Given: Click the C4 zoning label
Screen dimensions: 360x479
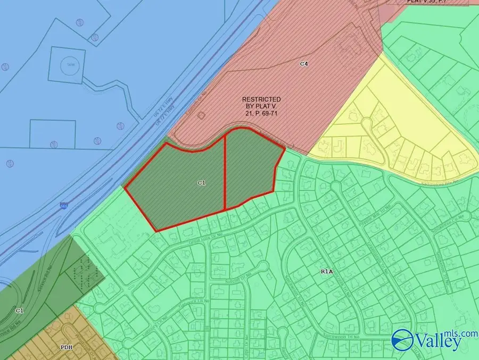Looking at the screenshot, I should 304,64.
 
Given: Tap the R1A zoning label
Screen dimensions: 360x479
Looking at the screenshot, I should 326,271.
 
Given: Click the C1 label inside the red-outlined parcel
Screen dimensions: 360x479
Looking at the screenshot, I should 201,182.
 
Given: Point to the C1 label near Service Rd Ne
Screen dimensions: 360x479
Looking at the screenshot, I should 19,310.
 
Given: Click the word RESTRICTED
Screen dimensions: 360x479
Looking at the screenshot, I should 261,99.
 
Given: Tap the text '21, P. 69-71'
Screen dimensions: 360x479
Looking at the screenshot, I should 261,113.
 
